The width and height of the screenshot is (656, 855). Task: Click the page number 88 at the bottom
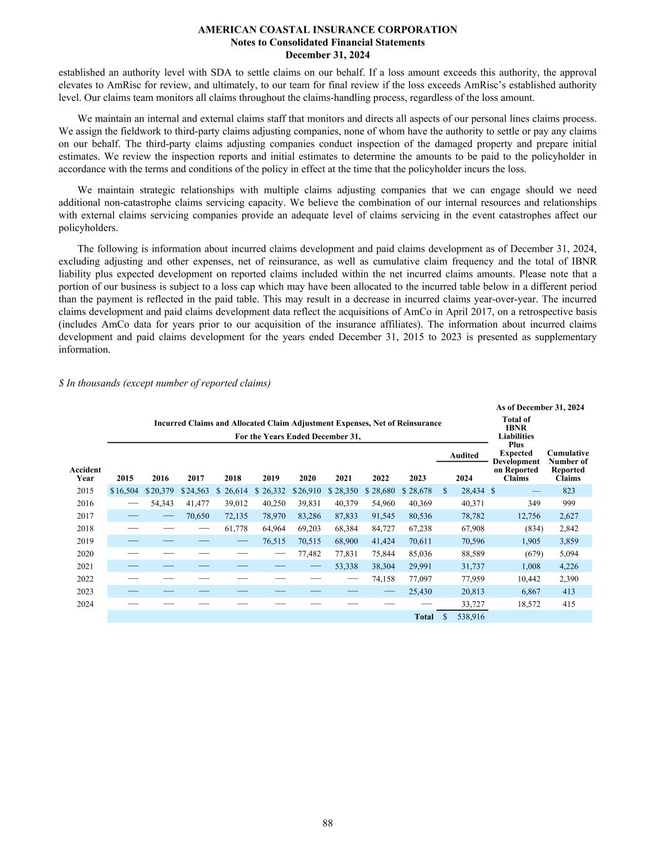(x=328, y=823)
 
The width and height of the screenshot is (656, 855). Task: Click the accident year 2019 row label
(x=85, y=541)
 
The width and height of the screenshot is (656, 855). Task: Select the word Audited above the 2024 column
(x=464, y=455)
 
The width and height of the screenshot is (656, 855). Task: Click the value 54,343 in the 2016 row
(x=162, y=504)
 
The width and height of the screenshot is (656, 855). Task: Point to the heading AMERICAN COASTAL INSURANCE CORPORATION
(x=327, y=29)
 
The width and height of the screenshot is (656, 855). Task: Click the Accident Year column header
(x=85, y=474)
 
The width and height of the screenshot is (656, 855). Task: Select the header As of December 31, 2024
(x=540, y=408)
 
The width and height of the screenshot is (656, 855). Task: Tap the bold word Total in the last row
(x=424, y=617)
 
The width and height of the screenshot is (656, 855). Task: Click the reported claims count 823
(x=568, y=491)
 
